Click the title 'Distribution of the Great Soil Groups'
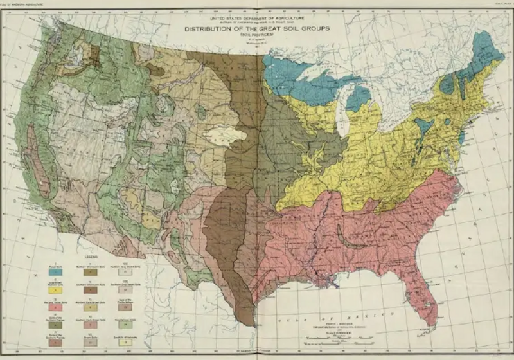coord(257,29)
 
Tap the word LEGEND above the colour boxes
coord(91,256)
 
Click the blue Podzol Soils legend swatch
coord(55,272)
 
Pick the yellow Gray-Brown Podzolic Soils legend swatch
coord(55,290)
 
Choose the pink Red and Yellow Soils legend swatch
coord(55,307)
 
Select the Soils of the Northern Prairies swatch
coord(55,325)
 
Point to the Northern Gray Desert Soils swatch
coord(125,272)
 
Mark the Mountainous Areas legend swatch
coord(125,325)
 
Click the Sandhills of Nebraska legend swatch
coord(125,343)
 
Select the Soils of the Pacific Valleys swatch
coord(125,307)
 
